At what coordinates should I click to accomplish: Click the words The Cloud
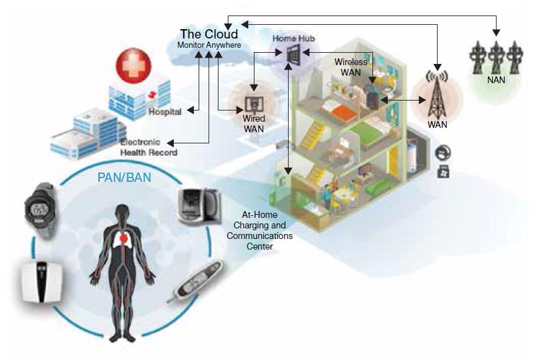point(209,34)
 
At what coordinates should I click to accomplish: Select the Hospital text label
point(165,112)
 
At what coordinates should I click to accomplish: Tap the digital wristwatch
point(41,209)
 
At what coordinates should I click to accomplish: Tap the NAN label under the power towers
point(496,80)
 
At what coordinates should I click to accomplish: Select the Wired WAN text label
point(253,124)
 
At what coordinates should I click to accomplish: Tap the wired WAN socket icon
point(253,101)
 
